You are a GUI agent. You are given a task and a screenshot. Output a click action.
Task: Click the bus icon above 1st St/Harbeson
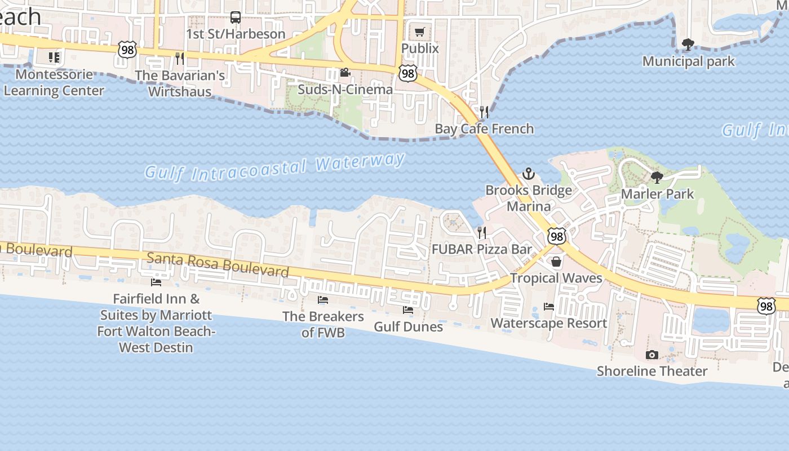tap(236, 17)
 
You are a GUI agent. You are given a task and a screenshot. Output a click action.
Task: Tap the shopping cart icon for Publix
tap(419, 32)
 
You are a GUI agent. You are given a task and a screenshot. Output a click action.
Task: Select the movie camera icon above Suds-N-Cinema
tap(345, 73)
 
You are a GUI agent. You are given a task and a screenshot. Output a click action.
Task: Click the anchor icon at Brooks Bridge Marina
tap(528, 174)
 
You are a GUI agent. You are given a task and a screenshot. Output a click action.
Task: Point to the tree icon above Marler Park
tap(657, 178)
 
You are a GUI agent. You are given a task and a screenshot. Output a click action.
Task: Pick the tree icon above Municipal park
tap(688, 45)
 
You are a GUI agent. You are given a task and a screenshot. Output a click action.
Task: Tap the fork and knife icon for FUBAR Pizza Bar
tap(482, 232)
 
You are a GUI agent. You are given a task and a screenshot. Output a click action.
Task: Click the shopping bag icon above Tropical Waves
tap(556, 262)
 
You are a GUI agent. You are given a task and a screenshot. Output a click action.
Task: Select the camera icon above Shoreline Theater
tap(652, 355)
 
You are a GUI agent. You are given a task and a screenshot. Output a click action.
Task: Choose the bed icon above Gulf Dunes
tap(408, 310)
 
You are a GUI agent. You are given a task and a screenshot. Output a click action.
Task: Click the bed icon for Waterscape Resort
tap(549, 307)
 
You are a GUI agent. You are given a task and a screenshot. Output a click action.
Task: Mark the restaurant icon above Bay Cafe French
tap(484, 112)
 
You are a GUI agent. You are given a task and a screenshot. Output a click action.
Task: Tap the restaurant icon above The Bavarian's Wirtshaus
tap(180, 59)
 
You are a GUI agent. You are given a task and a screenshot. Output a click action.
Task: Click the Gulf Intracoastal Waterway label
tap(274, 166)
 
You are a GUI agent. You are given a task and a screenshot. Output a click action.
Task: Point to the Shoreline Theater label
tap(652, 371)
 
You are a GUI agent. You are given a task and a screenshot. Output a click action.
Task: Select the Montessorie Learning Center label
tap(54, 83)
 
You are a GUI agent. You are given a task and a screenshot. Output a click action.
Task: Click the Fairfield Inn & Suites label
tap(156, 323)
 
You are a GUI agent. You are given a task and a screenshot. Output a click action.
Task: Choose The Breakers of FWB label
tap(323, 324)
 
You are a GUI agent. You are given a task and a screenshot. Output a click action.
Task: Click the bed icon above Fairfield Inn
tap(156, 282)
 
